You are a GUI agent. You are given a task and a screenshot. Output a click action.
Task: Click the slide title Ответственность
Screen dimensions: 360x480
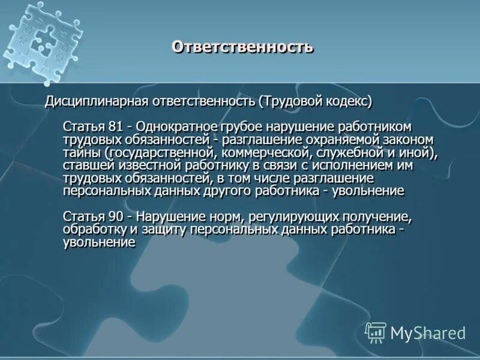pyautogui.click(x=242, y=47)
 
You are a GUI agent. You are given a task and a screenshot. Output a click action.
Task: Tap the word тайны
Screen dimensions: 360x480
pyautogui.click(x=80, y=152)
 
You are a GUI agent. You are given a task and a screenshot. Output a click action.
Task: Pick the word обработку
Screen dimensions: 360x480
pyautogui.click(x=93, y=230)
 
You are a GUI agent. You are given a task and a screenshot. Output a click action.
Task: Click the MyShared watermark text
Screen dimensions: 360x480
pyautogui.click(x=428, y=332)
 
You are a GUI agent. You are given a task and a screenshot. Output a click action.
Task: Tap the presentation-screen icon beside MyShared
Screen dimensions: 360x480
pyautogui.click(x=376, y=331)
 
